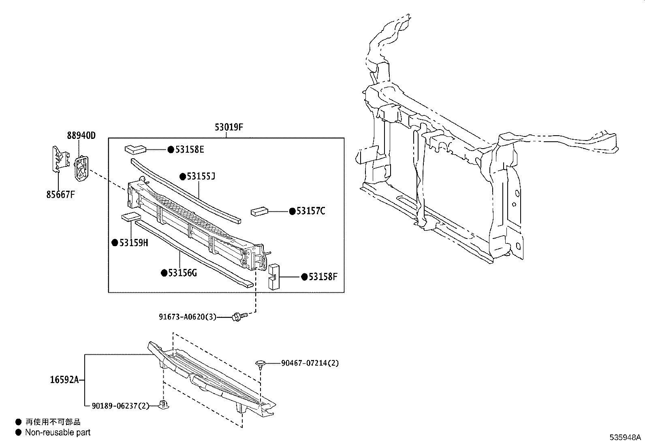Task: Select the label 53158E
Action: (189, 150)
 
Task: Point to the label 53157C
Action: (310, 211)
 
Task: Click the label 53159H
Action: (133, 243)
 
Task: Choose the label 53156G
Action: (182, 273)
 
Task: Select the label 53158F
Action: (323, 277)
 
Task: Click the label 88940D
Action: (81, 136)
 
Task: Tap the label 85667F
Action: (61, 195)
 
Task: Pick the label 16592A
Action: (64, 380)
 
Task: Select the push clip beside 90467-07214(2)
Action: (260, 364)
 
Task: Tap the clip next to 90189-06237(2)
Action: (164, 405)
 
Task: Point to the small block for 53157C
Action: (260, 211)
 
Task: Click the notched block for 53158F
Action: (274, 276)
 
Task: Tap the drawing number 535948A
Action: (626, 438)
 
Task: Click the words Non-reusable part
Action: (58, 432)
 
